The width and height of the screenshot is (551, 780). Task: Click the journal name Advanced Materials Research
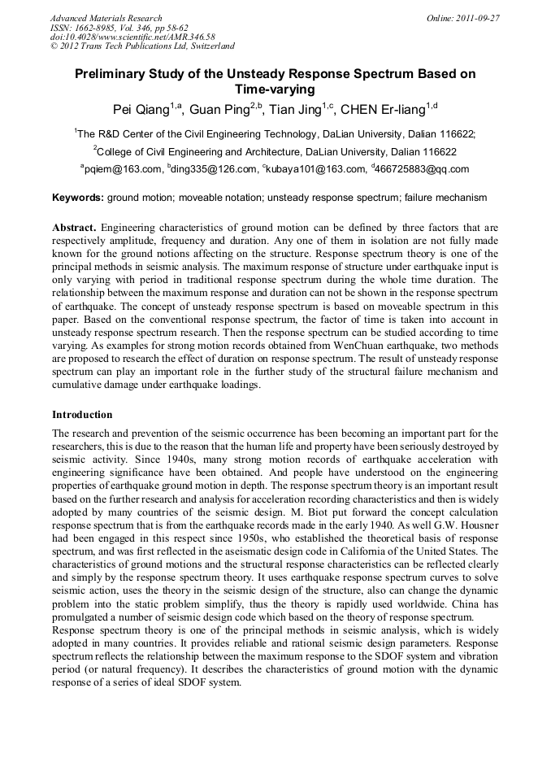coord(106,18)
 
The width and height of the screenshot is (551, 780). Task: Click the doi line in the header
coord(132,37)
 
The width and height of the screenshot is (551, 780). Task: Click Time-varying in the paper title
coord(275,89)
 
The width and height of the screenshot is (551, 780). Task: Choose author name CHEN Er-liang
coord(383,110)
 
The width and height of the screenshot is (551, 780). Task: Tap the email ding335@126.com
coord(212,169)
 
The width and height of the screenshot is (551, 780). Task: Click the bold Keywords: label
coord(78,198)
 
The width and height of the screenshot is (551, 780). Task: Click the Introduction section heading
coord(82,414)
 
